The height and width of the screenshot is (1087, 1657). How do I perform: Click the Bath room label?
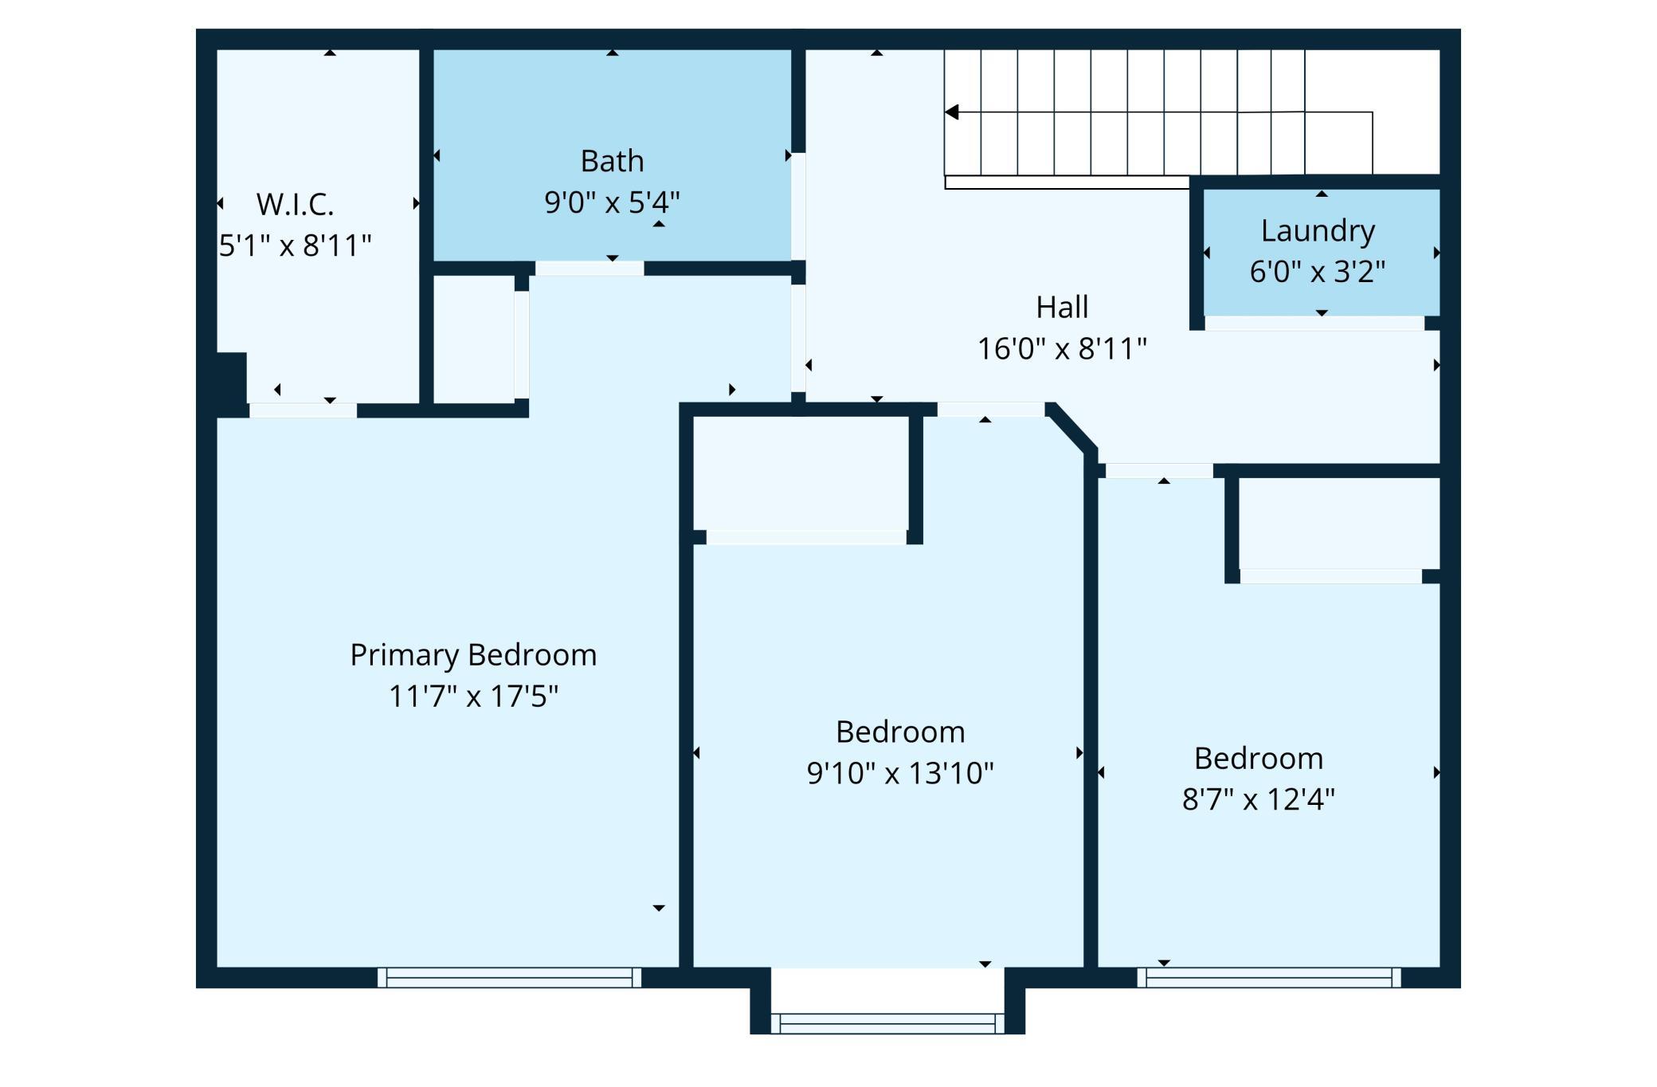tap(612, 161)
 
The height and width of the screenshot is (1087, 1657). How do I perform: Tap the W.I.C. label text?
tap(295, 205)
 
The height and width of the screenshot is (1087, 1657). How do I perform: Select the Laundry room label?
tap(1318, 232)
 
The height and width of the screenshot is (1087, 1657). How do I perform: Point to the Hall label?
tap(1062, 308)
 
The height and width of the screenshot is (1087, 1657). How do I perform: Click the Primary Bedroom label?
tap(473, 656)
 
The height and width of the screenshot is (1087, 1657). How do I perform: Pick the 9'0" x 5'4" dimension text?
tap(612, 202)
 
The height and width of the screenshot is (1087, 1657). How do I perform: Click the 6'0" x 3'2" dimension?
tap(1318, 272)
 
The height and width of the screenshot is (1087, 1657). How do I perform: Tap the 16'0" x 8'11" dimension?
tap(1062, 349)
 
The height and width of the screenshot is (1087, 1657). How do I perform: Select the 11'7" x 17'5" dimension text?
tap(473, 697)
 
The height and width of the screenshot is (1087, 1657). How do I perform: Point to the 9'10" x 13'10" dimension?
tap(900, 773)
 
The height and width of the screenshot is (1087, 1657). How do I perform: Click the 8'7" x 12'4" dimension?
tap(1258, 799)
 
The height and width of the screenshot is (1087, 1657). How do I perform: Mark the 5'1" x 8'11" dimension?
tap(295, 245)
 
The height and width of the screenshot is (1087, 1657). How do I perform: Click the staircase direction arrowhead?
tap(951, 112)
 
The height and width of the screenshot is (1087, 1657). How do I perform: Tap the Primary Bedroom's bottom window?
tap(509, 978)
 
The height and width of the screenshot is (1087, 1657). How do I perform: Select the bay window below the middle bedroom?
tap(887, 1023)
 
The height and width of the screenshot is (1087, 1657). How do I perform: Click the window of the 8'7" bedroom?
tap(1269, 978)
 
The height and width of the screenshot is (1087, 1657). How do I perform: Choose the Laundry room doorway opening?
tap(1314, 323)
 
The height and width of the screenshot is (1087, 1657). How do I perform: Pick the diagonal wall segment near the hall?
tap(1072, 429)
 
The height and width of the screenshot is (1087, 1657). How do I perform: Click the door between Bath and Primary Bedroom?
tap(590, 269)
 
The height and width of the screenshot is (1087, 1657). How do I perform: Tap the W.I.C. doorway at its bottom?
tap(303, 410)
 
